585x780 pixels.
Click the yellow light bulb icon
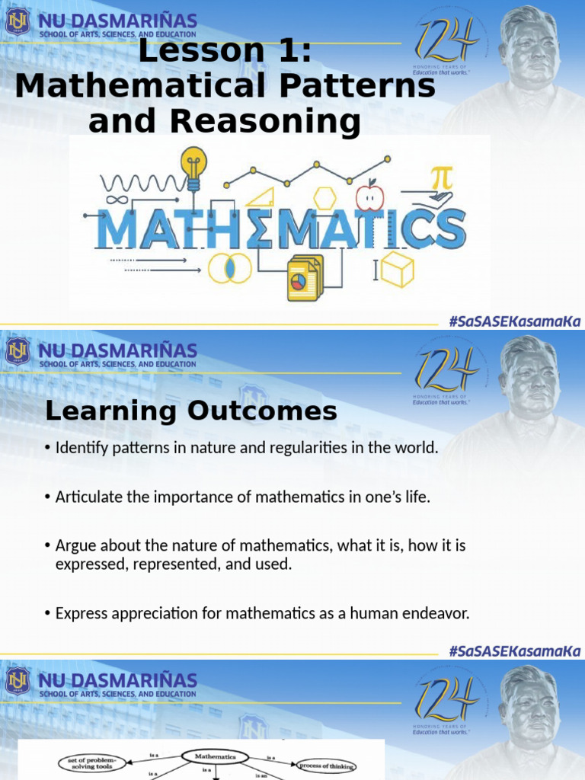click(x=193, y=166)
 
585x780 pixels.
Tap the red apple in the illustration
click(x=370, y=196)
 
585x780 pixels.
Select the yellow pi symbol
click(x=440, y=179)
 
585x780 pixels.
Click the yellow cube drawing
click(x=398, y=269)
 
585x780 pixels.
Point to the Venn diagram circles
click(x=229, y=267)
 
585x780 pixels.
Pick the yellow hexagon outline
click(x=325, y=197)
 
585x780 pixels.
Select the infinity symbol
click(x=116, y=200)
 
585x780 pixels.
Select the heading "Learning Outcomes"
click(x=190, y=411)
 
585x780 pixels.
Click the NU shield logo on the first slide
click(x=17, y=21)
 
